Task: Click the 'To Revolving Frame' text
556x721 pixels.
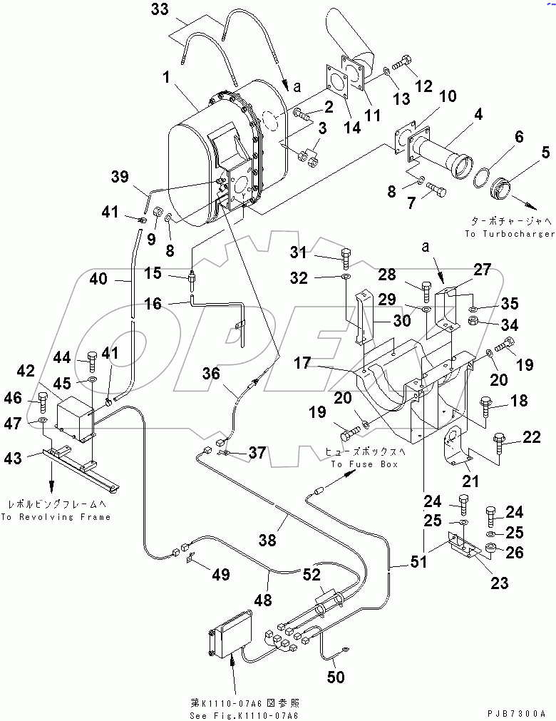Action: [56, 517]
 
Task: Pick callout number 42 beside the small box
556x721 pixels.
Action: [26, 371]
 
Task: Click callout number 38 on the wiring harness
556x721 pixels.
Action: [268, 541]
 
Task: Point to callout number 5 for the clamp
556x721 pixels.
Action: [546, 151]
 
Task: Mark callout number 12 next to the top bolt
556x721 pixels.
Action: [423, 86]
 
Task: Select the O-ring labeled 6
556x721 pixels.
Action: [483, 174]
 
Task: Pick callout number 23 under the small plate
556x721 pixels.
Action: [500, 583]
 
